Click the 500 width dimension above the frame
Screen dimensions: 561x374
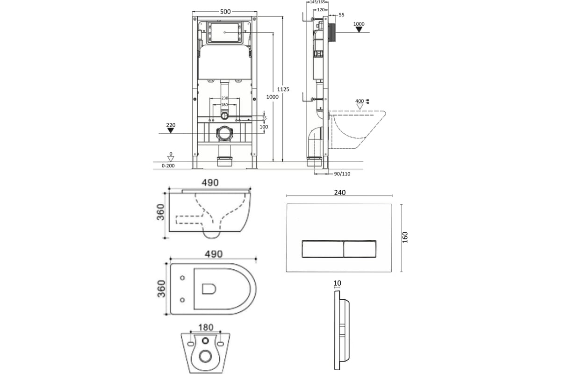(225, 12)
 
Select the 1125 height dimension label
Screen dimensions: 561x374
(283, 89)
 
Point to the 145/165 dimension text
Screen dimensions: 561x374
(317, 2)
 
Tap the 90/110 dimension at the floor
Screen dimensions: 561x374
(342, 174)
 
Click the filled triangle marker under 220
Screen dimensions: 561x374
(171, 130)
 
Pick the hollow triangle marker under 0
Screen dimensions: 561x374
(171, 159)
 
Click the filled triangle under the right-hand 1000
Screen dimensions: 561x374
(359, 29)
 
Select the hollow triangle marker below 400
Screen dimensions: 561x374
(360, 107)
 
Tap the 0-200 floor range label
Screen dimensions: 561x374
(168, 165)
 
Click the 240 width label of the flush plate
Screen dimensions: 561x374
(339, 193)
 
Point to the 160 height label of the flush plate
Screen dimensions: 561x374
(405, 237)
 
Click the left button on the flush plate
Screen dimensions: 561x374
(323, 249)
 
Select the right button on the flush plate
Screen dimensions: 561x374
(360, 249)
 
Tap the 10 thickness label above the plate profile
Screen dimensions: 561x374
(337, 283)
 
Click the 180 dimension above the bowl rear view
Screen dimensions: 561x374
(206, 327)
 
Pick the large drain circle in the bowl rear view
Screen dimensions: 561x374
(205, 356)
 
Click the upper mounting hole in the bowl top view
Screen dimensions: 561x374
(182, 278)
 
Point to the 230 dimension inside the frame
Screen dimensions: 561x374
(225, 98)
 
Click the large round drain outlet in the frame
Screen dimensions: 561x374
(225, 133)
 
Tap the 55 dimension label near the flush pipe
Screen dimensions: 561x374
(341, 15)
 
